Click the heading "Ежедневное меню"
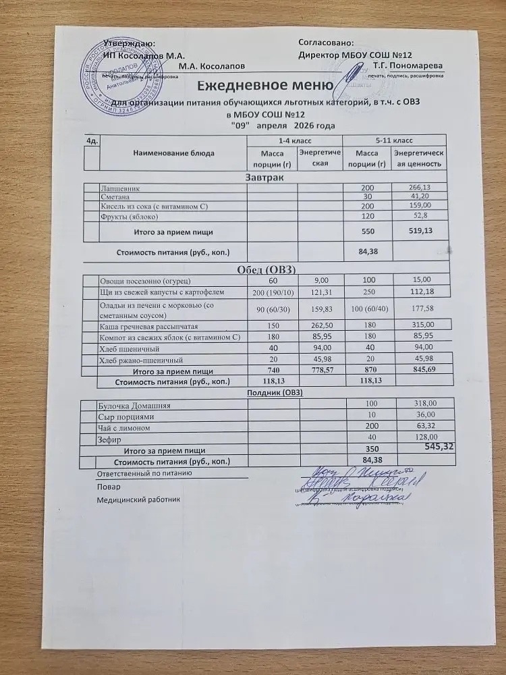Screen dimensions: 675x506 pyautogui.click(x=265, y=86)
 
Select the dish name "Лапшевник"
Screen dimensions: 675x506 pyautogui.click(x=121, y=187)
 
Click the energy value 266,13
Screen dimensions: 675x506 pyautogui.click(x=416, y=187)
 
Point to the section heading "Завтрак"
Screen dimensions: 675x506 pyautogui.click(x=263, y=177)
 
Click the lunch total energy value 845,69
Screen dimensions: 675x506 pyautogui.click(x=416, y=371)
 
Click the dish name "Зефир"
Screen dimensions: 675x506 pyautogui.click(x=110, y=439)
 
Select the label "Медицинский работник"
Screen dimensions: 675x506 pyautogui.click(x=138, y=500)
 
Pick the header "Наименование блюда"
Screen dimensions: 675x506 pyautogui.click(x=174, y=153)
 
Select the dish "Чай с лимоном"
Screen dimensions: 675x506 pyautogui.click(x=127, y=428)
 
